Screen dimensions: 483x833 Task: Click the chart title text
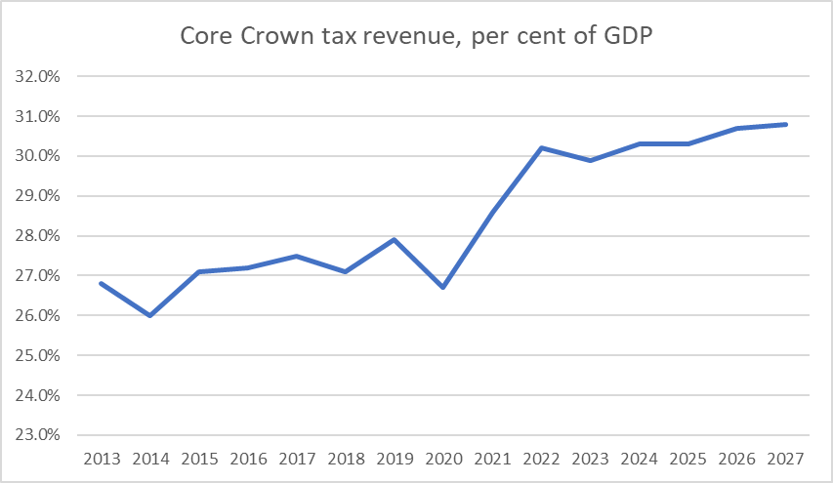tap(415, 36)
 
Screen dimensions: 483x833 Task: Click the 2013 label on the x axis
tap(101, 459)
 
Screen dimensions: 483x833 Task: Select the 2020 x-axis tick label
tap(443, 459)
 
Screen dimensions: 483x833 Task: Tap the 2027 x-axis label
tap(786, 459)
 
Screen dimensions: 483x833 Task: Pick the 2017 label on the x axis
tap(297, 459)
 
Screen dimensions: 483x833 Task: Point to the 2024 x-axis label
tap(640, 459)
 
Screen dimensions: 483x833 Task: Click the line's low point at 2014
tap(149, 315)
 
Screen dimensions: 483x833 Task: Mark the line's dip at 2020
tap(443, 288)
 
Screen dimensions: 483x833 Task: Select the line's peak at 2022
tap(541, 148)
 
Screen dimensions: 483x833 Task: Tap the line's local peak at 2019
tap(395, 239)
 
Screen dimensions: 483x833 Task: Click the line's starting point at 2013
tap(101, 284)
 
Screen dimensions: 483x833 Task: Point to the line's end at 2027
tap(786, 124)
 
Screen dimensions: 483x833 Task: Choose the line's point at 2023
tap(590, 160)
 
